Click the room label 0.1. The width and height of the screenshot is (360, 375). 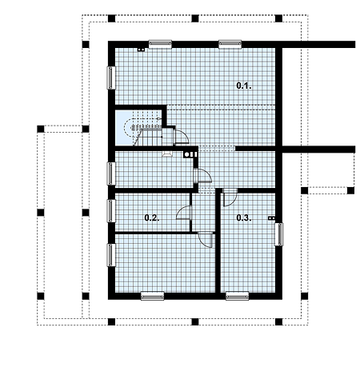click(x=244, y=86)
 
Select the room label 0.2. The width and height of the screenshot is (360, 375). click(x=152, y=218)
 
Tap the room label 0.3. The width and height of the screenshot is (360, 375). click(x=244, y=218)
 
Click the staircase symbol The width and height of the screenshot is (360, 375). click(x=143, y=129)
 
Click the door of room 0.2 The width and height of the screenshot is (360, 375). click(x=184, y=213)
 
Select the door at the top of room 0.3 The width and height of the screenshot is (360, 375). click(x=230, y=197)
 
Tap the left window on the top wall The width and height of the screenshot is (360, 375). click(x=160, y=45)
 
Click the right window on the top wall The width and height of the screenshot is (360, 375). click(x=230, y=45)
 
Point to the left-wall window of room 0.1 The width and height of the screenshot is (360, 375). click(x=111, y=78)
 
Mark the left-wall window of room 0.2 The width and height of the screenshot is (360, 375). click(x=111, y=211)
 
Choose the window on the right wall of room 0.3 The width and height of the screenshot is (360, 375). click(x=279, y=234)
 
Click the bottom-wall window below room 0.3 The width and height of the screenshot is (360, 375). click(x=237, y=296)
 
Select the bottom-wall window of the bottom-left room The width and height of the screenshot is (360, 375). click(x=152, y=296)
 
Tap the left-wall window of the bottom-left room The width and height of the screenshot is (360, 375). click(x=111, y=255)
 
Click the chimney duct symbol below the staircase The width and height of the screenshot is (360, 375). click(x=190, y=154)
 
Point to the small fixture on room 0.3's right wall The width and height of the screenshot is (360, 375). click(x=271, y=218)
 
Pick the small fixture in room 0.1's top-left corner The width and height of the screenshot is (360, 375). click(x=141, y=50)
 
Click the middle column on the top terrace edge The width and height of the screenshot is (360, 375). click(x=195, y=18)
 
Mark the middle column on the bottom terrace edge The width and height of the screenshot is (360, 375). click(x=195, y=321)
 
